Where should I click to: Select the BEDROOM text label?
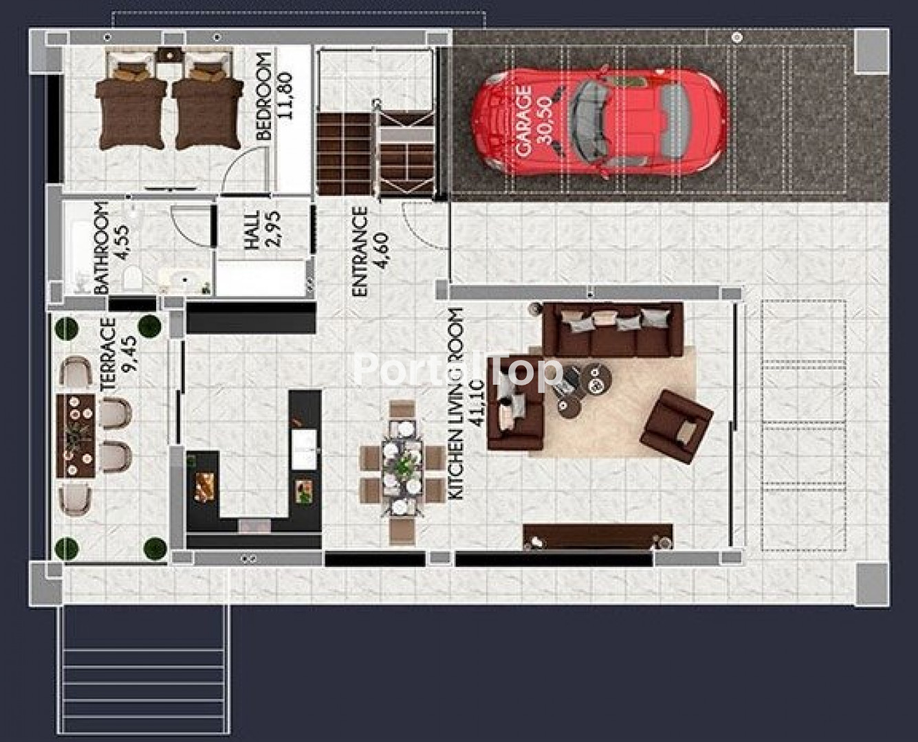point(264,95)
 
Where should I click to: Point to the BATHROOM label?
point(101,247)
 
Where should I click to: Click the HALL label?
point(252,229)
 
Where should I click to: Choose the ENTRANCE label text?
point(360,252)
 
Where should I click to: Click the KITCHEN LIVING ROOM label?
point(455,403)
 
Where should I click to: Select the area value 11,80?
point(285,95)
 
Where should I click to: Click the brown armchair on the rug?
point(676,427)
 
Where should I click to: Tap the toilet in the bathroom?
point(133,278)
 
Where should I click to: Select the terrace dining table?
point(76,436)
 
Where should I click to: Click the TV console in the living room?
point(598,536)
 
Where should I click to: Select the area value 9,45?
point(129,355)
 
